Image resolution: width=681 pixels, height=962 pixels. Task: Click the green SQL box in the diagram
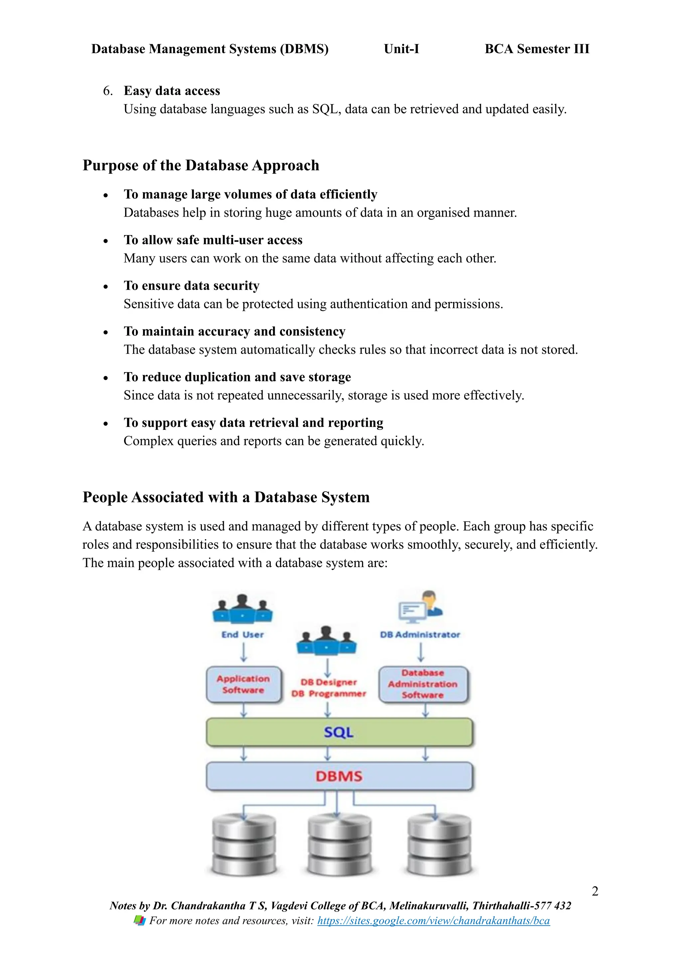tap(339, 732)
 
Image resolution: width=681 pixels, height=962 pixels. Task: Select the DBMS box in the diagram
tap(339, 776)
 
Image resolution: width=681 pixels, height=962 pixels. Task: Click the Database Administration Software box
tap(423, 684)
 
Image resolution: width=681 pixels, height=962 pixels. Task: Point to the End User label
tap(243, 635)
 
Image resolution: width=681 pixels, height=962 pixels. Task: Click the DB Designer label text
tap(329, 682)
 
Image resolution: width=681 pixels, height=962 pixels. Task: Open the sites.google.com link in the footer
tap(433, 920)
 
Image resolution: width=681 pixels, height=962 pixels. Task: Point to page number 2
tap(595, 891)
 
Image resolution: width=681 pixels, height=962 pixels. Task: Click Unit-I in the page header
tap(401, 49)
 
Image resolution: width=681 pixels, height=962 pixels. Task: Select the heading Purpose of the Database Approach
tap(201, 165)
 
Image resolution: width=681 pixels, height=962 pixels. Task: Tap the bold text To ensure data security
tap(192, 286)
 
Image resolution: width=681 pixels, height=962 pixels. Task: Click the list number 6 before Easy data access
tap(107, 91)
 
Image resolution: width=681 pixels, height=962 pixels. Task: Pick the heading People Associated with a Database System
tap(226, 497)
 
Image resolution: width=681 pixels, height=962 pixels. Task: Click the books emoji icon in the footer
tap(140, 920)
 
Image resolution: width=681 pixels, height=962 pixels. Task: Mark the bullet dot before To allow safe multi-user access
tap(106, 241)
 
